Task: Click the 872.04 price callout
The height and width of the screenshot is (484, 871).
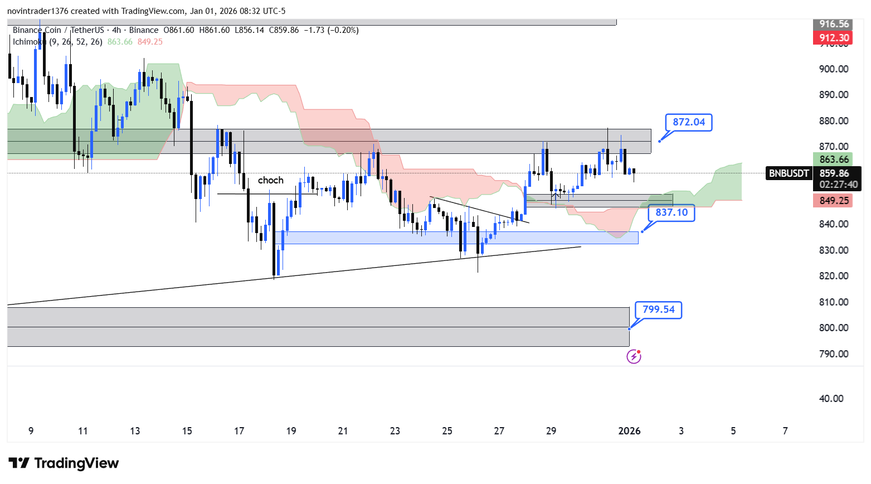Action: click(689, 122)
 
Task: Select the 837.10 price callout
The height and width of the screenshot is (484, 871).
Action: click(672, 212)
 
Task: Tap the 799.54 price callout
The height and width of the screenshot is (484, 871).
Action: click(658, 309)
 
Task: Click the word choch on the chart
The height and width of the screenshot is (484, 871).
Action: click(270, 180)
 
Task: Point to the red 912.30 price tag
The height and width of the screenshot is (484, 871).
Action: click(834, 38)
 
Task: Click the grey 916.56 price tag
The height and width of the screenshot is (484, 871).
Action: click(834, 24)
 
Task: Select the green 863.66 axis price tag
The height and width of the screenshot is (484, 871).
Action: click(834, 159)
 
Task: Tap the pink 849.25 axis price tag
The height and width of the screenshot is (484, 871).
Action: click(834, 201)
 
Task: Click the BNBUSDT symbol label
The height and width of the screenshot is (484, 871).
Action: click(789, 173)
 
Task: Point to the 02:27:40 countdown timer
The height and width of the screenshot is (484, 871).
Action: click(839, 185)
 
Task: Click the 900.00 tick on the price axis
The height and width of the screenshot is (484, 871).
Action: click(834, 69)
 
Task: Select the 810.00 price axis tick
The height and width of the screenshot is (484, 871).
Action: click(834, 302)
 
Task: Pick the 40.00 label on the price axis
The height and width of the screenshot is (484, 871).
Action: click(831, 399)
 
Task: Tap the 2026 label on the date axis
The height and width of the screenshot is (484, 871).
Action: click(629, 431)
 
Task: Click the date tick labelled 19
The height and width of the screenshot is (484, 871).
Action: click(291, 431)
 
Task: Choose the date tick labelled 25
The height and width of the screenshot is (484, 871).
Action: click(447, 431)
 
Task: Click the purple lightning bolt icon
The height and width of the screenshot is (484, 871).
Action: click(634, 356)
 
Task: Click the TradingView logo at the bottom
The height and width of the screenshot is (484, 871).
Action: click(64, 463)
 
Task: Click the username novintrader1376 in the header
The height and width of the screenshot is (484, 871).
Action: click(37, 11)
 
